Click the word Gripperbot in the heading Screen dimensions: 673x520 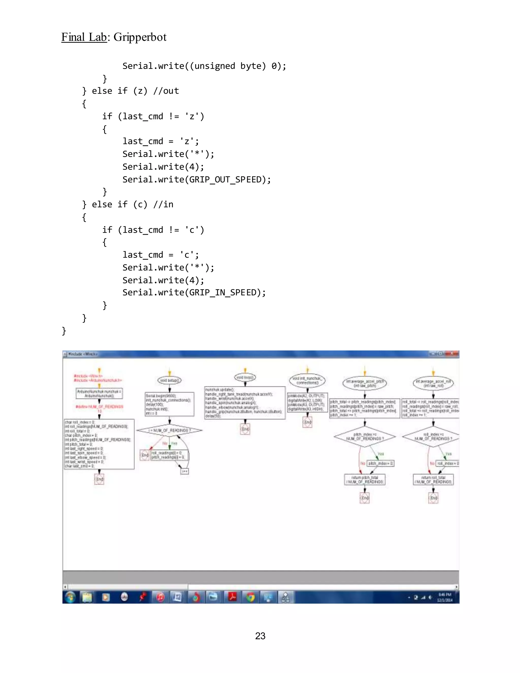click(x=140, y=37)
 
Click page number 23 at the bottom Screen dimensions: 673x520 click(x=260, y=636)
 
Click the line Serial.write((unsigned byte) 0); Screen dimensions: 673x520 click(x=204, y=66)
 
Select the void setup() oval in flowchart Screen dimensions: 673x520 click(x=169, y=380)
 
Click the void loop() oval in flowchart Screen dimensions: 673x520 click(x=245, y=377)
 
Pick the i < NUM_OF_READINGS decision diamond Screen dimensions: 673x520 click(x=169, y=430)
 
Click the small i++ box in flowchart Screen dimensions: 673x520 click(x=184, y=471)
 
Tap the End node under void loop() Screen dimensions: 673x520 click(x=245, y=429)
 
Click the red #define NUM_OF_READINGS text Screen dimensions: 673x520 click(x=99, y=407)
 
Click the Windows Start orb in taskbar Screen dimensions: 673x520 click(x=70, y=598)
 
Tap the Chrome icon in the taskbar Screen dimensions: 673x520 click(x=250, y=598)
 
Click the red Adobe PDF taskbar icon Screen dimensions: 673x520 click(x=232, y=597)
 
